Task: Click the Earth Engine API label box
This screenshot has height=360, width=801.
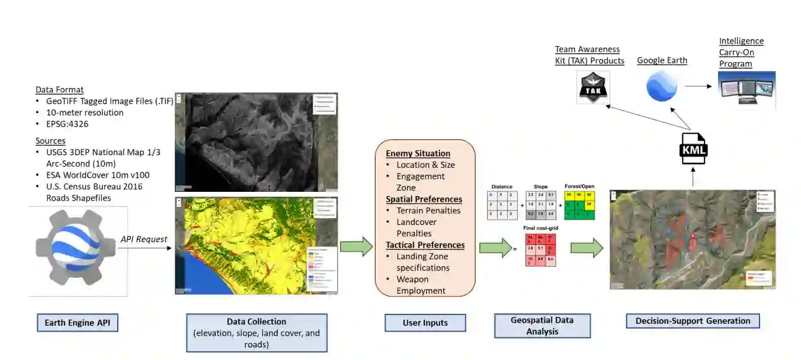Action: [x=77, y=323]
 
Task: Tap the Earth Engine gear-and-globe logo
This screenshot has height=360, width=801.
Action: [x=77, y=251]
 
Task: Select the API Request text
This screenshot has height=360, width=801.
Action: [x=144, y=239]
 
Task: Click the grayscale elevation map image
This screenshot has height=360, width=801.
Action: [x=256, y=142]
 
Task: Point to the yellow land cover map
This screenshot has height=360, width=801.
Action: [x=256, y=246]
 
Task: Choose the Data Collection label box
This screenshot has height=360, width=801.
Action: [x=257, y=333]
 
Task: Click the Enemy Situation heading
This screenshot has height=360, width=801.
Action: [x=418, y=153]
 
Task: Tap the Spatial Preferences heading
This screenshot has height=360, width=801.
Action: [x=424, y=199]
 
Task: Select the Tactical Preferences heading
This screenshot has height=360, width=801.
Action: [x=425, y=245]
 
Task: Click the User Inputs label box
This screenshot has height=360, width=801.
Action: [x=425, y=323]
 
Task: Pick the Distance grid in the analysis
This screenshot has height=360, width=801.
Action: [x=502, y=205]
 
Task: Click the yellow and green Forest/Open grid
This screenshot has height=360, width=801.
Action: [x=579, y=205]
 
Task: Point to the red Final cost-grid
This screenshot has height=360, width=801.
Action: [x=540, y=249]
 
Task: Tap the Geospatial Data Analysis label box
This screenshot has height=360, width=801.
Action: [x=542, y=326]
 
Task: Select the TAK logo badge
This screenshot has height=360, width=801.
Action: [x=593, y=89]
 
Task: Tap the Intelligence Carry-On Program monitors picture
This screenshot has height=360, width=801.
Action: [x=746, y=89]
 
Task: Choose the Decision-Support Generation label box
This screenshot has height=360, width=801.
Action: [x=693, y=321]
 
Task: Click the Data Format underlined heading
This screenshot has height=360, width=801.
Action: [x=59, y=90]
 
